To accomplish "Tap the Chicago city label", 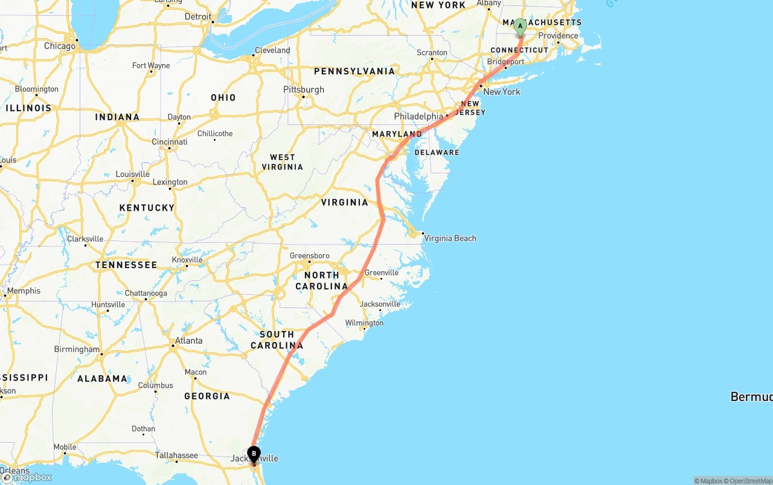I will point(60,46).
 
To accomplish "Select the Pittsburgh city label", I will point(304,89).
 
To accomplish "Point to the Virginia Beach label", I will point(450,238).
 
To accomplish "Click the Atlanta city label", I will point(188,341).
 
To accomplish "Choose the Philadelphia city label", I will point(419,116).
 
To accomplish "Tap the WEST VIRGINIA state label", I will point(282,162).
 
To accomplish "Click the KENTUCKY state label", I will point(147,207).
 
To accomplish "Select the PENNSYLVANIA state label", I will point(354,71).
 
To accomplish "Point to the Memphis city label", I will point(24,291).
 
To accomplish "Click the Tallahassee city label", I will point(177,455).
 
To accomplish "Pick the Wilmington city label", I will point(364,323).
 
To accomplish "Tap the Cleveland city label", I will point(272,50).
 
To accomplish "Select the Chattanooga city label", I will point(146,294).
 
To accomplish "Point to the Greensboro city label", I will point(310,255).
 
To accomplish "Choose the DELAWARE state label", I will point(437,152).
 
